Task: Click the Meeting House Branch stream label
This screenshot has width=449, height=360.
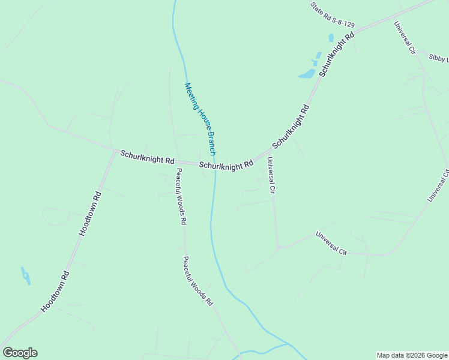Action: pos(200,119)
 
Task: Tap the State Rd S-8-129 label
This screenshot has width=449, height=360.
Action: pos(333,16)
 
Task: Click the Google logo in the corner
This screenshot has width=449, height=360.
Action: pos(20,353)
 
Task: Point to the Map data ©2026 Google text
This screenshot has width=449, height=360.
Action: pos(412,355)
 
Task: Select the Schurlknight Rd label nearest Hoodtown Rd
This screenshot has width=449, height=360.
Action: pos(147,158)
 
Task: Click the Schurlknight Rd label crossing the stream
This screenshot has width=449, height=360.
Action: pos(226,165)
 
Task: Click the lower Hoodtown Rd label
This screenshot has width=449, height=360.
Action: pos(56,292)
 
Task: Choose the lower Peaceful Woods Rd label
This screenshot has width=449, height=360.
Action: pos(198,282)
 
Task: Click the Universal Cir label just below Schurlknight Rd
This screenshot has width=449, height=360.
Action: pos(271,175)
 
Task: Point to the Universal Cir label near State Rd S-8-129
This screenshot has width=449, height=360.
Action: pos(405,38)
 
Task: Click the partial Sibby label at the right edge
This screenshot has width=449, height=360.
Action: pos(439,58)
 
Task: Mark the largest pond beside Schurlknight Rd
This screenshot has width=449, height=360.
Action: pos(307,74)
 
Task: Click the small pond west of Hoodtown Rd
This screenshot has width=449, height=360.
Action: pos(26,276)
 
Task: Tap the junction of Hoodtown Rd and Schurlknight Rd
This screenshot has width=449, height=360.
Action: pos(114,151)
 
